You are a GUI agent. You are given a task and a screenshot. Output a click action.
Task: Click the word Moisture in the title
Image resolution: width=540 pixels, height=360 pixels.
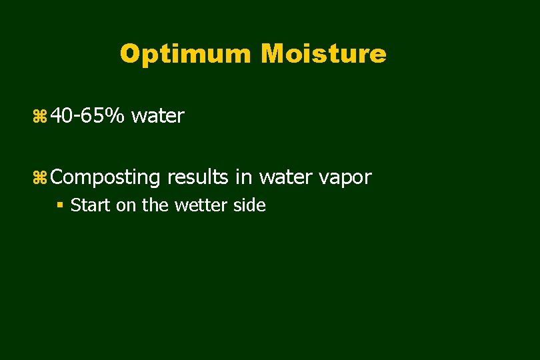coord(324,54)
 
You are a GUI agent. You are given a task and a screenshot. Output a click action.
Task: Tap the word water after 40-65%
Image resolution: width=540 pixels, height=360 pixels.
coord(157,116)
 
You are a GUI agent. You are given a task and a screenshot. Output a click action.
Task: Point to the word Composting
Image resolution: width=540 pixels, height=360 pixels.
coord(105,178)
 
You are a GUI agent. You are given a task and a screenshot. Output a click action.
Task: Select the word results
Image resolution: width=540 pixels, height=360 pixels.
coord(197,177)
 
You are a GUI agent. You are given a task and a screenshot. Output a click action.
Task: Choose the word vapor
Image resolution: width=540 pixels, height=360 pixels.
coord(344,178)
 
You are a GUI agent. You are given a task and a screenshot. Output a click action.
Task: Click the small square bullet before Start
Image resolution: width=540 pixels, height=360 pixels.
coord(60,205)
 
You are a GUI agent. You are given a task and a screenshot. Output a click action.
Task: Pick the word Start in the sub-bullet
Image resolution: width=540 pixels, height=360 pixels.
coord(91,205)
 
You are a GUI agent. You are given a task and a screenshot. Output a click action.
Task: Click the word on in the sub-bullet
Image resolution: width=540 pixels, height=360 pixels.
coord(125,206)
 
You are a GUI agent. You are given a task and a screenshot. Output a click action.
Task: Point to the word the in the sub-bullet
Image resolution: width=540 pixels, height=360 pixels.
coord(155,205)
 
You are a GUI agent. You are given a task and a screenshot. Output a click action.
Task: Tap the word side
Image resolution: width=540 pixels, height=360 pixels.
coord(249,205)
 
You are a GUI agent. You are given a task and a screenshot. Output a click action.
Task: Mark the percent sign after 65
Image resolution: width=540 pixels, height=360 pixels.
coord(114,116)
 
